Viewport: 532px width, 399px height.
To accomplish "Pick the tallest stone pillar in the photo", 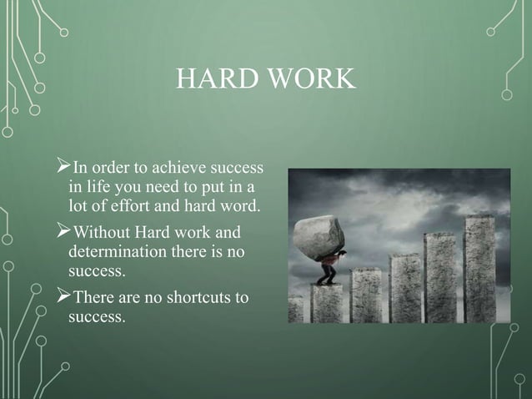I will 479,267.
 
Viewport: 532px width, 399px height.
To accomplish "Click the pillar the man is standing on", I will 326,304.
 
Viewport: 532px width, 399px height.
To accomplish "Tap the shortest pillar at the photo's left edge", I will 295,310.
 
